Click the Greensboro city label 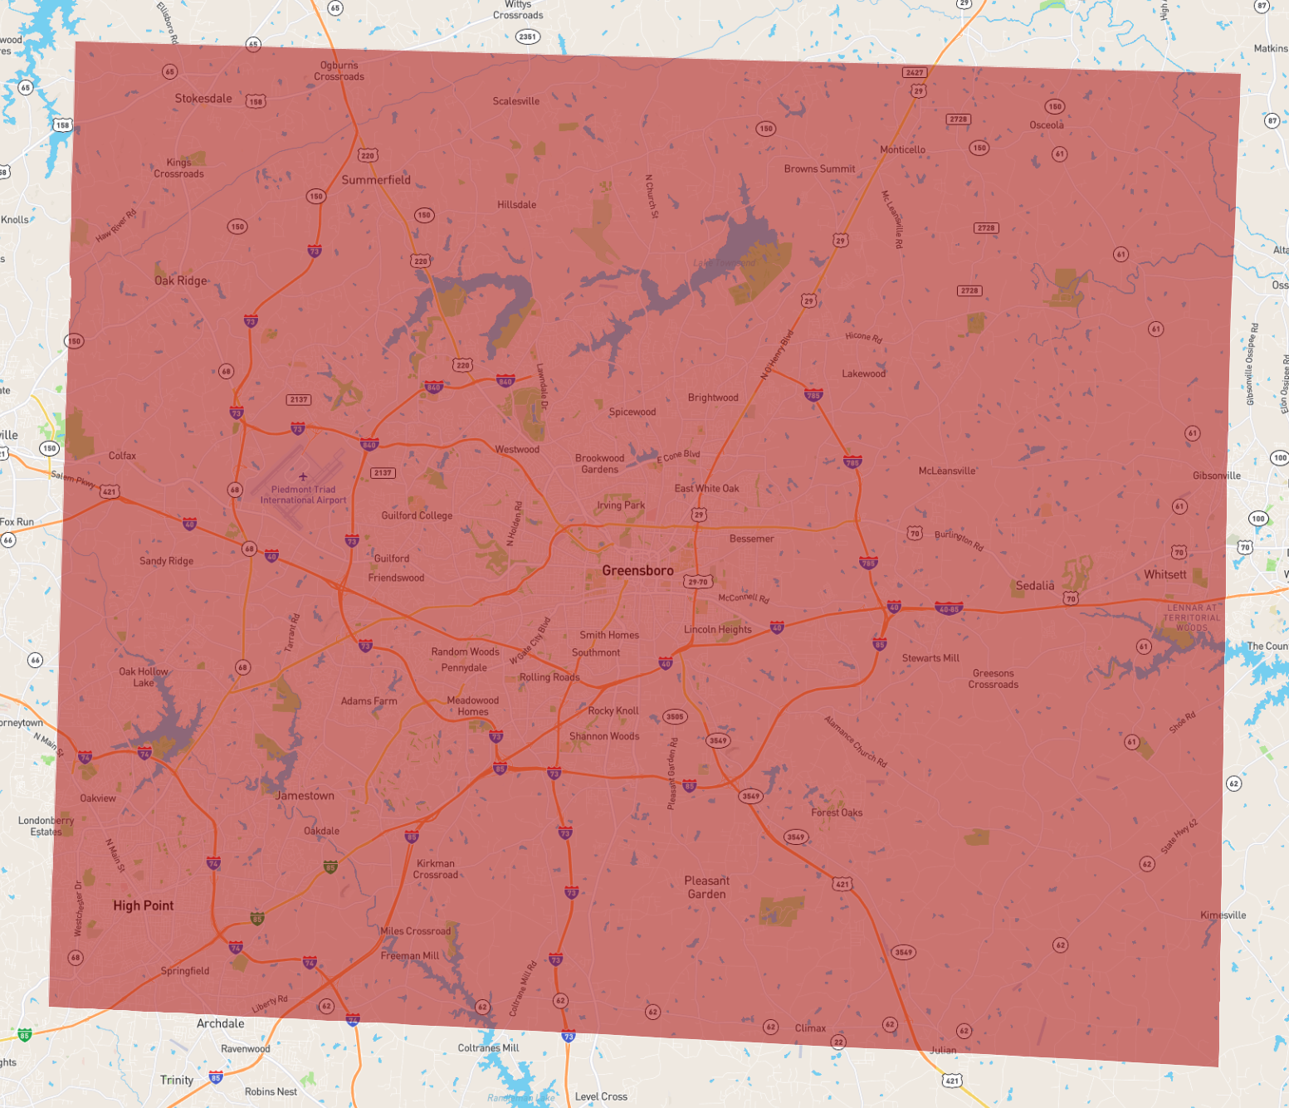point(637,570)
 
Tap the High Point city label point(144,905)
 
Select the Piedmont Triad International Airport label point(303,495)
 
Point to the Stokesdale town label point(203,98)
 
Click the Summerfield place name point(376,179)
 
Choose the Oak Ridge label point(181,281)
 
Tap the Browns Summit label point(819,168)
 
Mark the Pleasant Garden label point(706,887)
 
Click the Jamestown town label point(305,795)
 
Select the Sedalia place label point(1035,585)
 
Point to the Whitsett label point(1164,574)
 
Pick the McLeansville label point(947,471)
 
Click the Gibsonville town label point(1216,476)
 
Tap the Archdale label point(220,1023)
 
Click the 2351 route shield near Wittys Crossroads point(527,37)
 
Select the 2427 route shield point(915,72)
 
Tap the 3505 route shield point(675,716)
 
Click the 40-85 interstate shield point(949,608)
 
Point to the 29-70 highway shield point(698,582)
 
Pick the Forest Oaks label point(837,813)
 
